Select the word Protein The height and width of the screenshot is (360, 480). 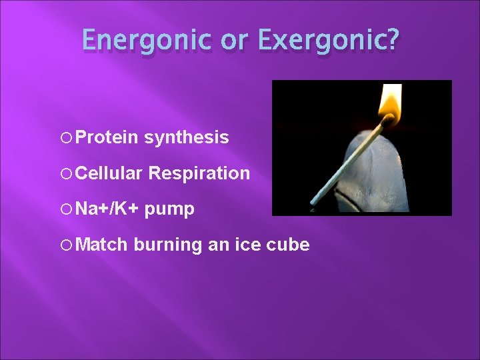[107, 138]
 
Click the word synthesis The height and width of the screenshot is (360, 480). [187, 138]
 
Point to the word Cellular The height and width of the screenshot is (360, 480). [109, 173]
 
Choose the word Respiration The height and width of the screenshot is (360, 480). [199, 174]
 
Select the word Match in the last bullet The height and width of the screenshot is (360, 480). [101, 245]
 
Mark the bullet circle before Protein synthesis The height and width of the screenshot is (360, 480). [67, 138]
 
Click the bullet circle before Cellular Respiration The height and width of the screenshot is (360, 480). [67, 174]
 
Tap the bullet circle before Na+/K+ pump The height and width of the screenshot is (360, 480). [67, 209]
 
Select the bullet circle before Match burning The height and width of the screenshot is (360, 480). [67, 245]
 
